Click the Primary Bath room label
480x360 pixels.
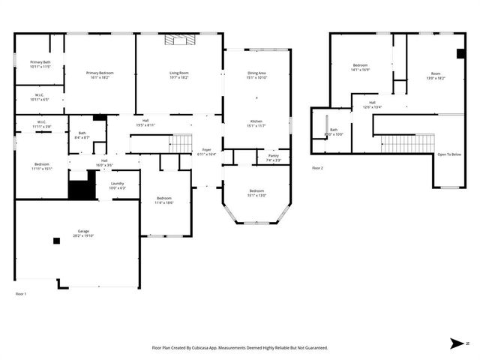(40, 64)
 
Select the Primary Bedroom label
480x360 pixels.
(100, 74)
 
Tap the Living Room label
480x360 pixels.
(178, 74)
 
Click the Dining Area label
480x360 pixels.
(257, 74)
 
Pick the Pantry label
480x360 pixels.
(273, 157)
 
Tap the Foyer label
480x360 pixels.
(206, 151)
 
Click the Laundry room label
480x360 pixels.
(117, 184)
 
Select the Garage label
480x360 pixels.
(83, 232)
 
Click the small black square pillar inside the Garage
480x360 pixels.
(55, 241)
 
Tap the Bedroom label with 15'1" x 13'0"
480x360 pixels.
(256, 193)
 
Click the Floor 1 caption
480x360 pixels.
(21, 293)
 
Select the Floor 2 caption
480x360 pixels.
(317, 168)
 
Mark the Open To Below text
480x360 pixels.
(450, 154)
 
